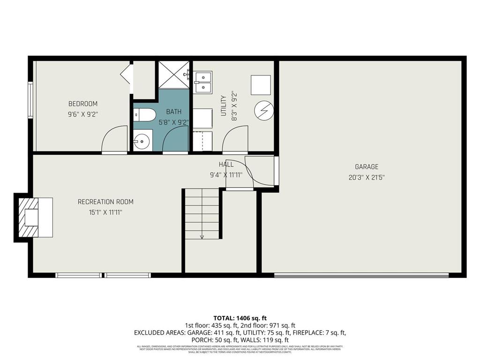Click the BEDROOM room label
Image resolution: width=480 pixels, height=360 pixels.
coord(83,104)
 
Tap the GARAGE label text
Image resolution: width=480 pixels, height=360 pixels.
coord(366,166)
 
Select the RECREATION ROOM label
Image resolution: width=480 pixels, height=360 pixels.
coord(105,202)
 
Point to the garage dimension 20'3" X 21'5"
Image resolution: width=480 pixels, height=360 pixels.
coord(366,177)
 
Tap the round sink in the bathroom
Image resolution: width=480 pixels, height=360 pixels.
coord(141,140)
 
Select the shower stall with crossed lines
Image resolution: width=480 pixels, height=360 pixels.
coord(173,74)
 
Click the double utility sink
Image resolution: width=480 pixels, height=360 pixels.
coord(203,82)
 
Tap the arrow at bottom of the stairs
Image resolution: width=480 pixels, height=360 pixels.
coord(202,236)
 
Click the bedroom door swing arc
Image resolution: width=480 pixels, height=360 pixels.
coord(114,139)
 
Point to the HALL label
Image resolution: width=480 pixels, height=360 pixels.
coord(226,165)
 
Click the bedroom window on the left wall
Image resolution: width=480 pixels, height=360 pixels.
coord(30,100)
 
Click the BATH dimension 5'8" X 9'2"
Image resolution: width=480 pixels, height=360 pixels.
coord(173,122)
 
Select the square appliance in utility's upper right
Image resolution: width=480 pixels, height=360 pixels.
coord(261,85)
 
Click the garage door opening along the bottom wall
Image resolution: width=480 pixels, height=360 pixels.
coord(361,275)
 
